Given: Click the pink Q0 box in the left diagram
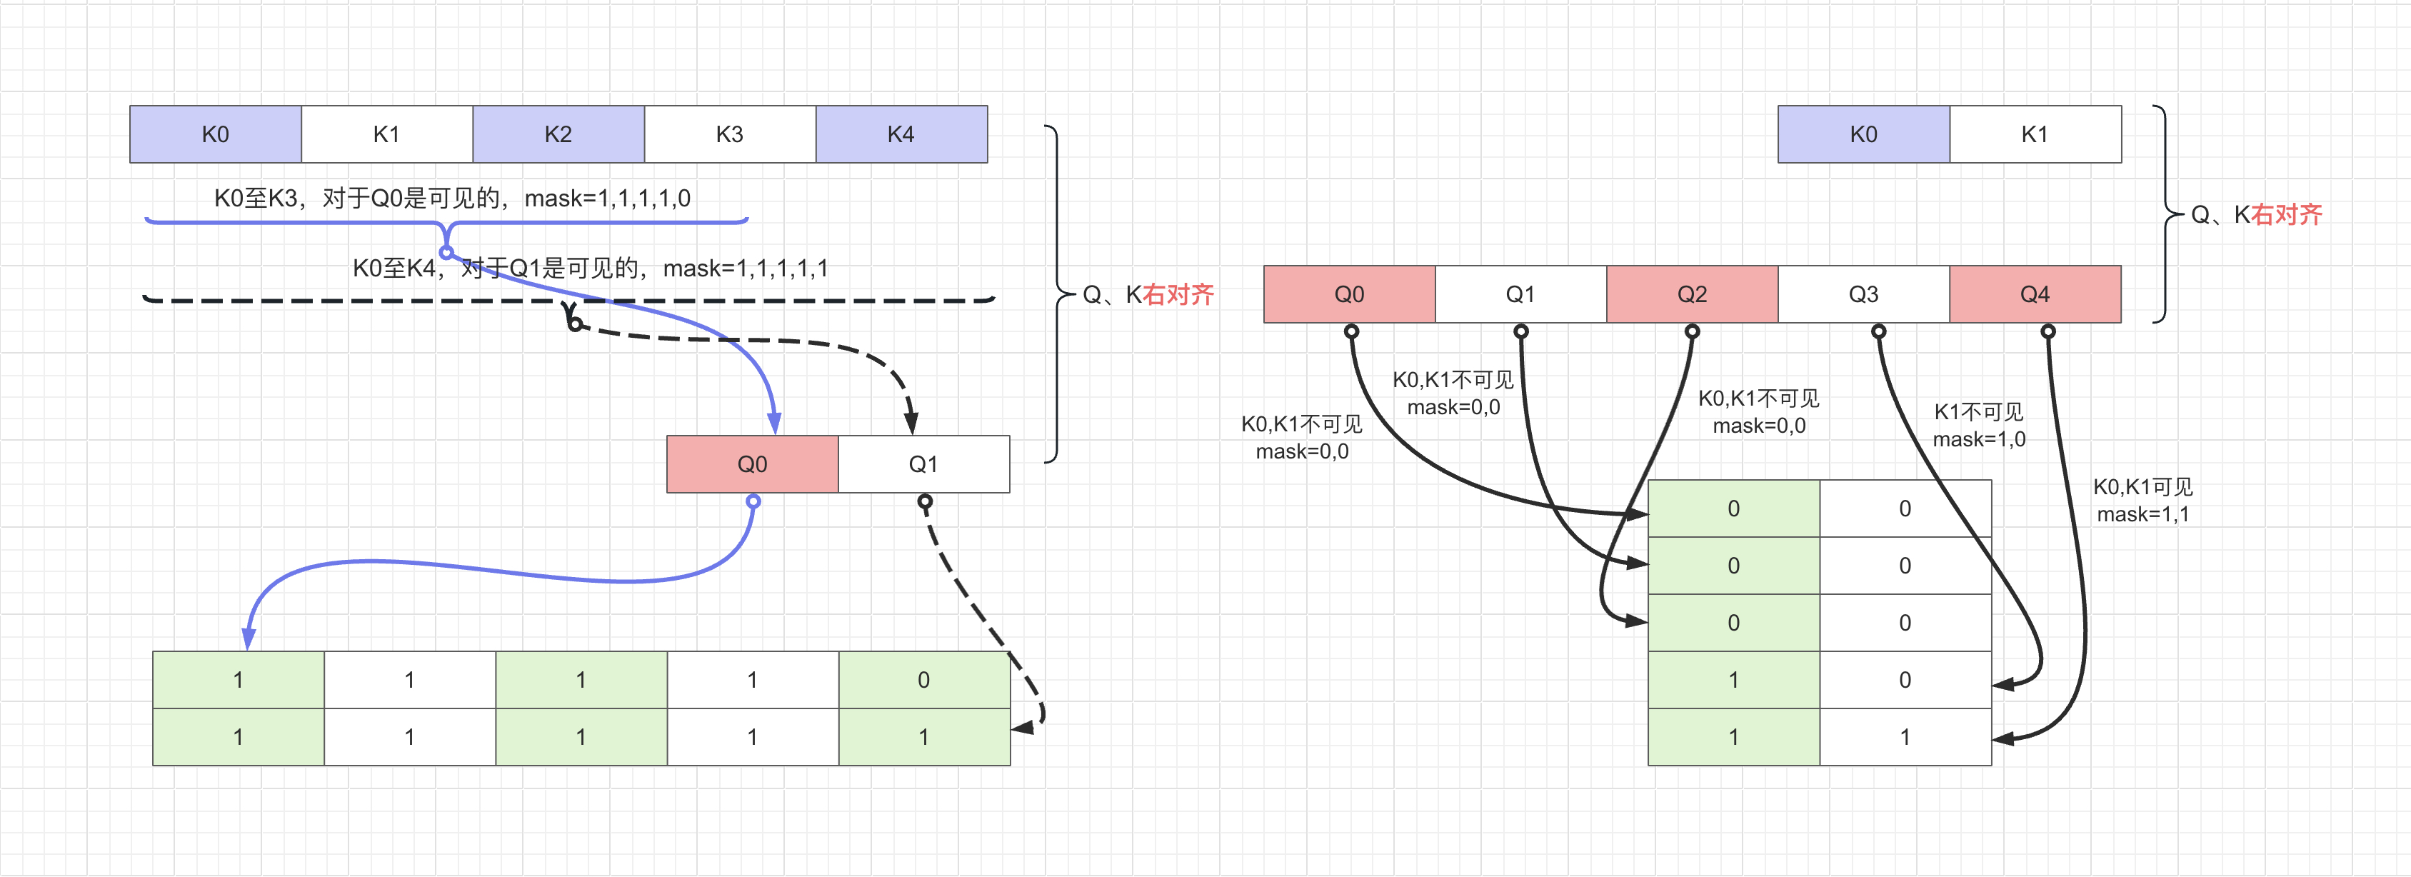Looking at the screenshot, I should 751,464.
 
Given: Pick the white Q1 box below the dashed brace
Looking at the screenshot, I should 923,464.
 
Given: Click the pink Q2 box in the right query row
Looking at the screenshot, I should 1691,295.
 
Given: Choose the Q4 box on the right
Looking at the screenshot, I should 2034,295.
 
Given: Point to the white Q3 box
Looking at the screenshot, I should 1863,295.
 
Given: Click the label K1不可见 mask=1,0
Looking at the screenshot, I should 1979,426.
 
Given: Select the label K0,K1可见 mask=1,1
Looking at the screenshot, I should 2142,501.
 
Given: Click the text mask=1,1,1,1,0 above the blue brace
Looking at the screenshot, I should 608,199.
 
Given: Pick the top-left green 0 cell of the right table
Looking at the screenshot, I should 1733,509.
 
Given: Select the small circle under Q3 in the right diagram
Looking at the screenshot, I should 1878,331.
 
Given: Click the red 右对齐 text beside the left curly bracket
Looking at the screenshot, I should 1178,296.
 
